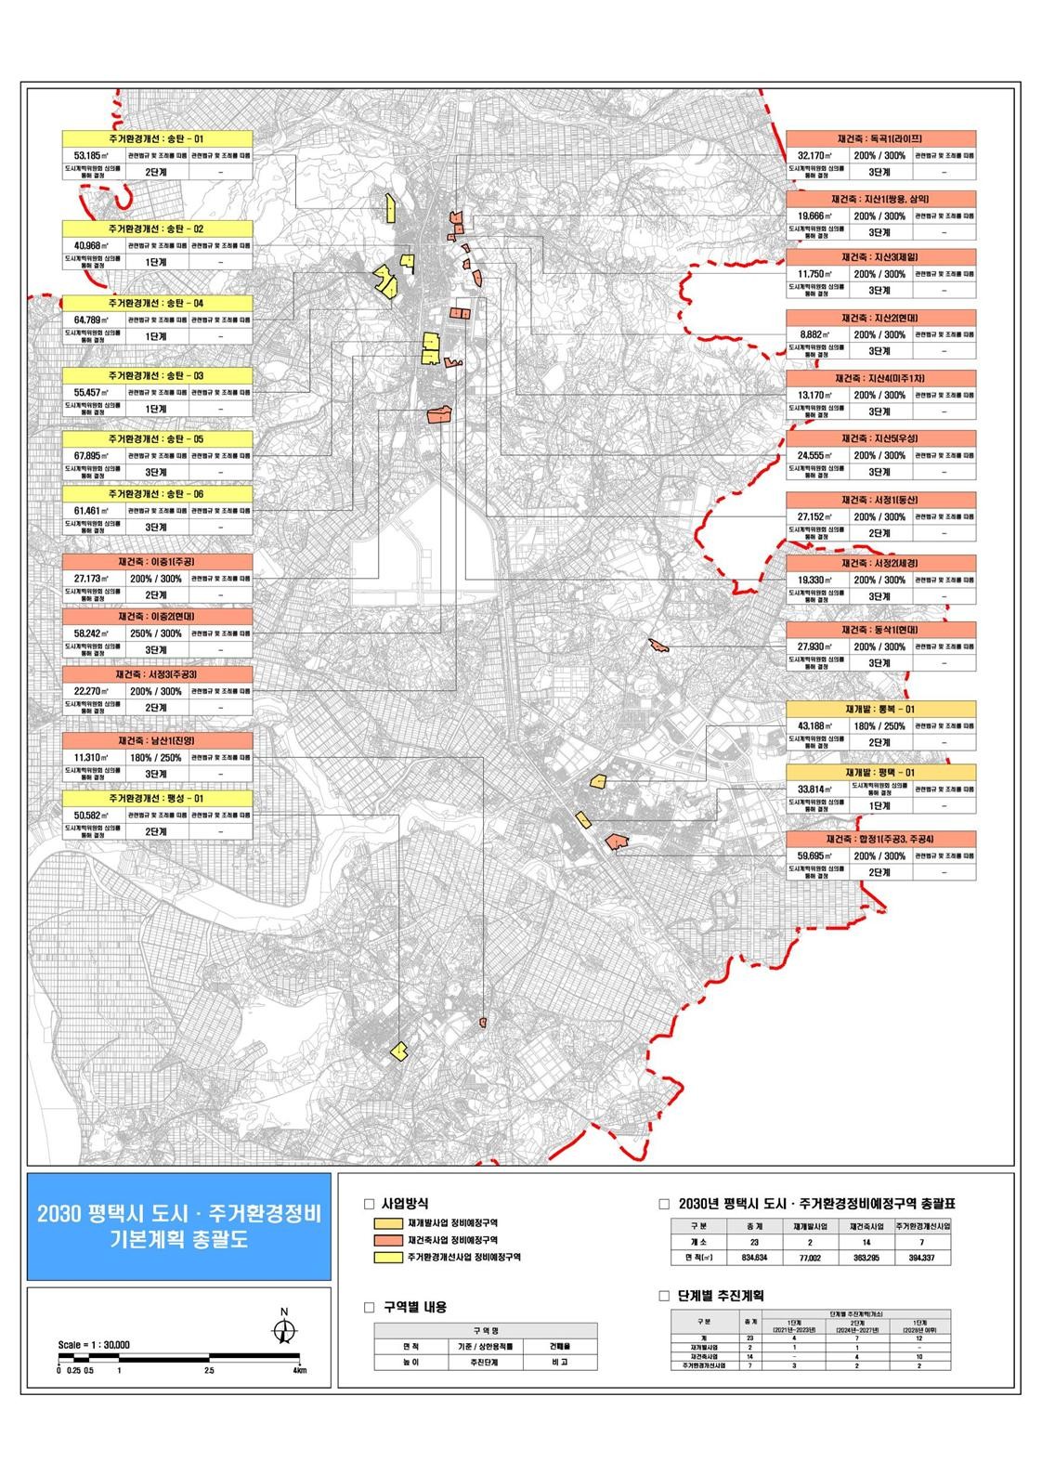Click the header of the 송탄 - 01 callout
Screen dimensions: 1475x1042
[x=157, y=138]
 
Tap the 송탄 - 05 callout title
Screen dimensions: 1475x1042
[x=157, y=438]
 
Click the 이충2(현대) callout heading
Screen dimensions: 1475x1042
[x=157, y=617]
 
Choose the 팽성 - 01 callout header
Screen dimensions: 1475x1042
[x=157, y=798]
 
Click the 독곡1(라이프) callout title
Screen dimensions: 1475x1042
[x=880, y=137]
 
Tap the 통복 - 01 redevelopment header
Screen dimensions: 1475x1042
[x=880, y=709]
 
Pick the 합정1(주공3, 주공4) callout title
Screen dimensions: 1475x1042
[x=880, y=839]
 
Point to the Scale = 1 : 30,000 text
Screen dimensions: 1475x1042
[x=93, y=1344]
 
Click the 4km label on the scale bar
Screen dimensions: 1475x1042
[x=298, y=1370]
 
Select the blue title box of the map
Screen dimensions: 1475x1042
[x=178, y=1226]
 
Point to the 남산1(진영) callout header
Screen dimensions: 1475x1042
[x=157, y=740]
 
